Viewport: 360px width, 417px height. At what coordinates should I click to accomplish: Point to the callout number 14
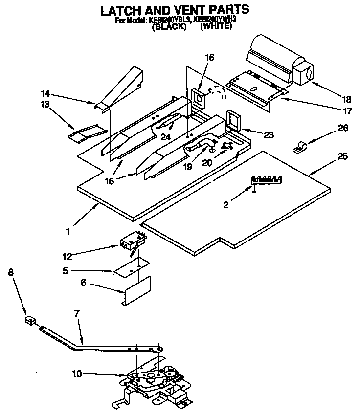coord(45,93)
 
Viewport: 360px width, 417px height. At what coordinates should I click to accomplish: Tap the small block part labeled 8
coord(30,321)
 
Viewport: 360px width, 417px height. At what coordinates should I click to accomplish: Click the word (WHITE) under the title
coord(216,27)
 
